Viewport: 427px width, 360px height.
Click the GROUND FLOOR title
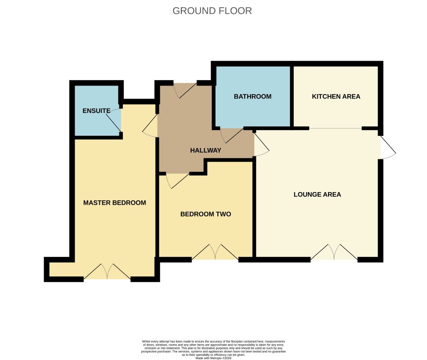(212, 11)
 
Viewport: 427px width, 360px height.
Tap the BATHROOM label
(253, 96)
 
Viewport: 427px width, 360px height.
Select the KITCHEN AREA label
(336, 96)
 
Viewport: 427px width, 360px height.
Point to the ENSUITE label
(96, 111)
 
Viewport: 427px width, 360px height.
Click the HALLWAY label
(206, 150)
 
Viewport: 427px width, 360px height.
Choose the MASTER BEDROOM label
(115, 202)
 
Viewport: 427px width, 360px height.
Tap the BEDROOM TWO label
(206, 214)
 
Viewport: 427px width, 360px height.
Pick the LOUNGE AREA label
(317, 194)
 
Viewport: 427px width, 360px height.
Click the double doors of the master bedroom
(107, 271)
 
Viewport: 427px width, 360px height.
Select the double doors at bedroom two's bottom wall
(215, 252)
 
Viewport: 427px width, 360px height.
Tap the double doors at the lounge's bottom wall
(334, 252)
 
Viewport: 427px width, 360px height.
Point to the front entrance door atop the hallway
(185, 90)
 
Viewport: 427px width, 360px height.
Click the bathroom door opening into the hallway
(232, 135)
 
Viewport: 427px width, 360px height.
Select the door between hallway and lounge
(261, 144)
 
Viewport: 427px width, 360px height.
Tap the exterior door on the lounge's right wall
(388, 147)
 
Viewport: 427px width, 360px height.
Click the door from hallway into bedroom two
(178, 180)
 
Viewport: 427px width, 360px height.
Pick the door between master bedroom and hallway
(150, 126)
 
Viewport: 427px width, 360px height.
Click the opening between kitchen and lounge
(336, 128)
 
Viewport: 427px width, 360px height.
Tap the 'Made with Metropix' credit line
(213, 358)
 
